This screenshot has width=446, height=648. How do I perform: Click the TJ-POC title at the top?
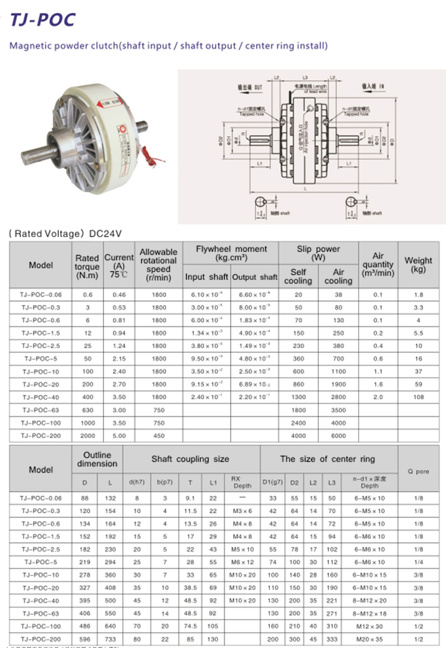[43, 20]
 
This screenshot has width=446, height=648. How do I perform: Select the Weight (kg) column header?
[418, 265]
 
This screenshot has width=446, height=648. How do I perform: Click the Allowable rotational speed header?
[158, 265]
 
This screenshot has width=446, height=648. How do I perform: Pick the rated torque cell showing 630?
[87, 410]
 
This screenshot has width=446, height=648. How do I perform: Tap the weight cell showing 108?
[418, 397]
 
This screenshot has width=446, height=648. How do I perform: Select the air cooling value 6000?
[338, 435]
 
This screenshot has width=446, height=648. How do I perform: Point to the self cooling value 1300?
[298, 397]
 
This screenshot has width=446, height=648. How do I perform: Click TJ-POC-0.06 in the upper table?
[41, 294]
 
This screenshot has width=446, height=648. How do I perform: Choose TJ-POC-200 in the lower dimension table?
[41, 637]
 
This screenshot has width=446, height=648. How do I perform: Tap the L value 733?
[113, 637]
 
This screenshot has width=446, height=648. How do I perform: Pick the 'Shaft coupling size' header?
[190, 459]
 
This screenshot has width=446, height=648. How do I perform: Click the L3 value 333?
[331, 637]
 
